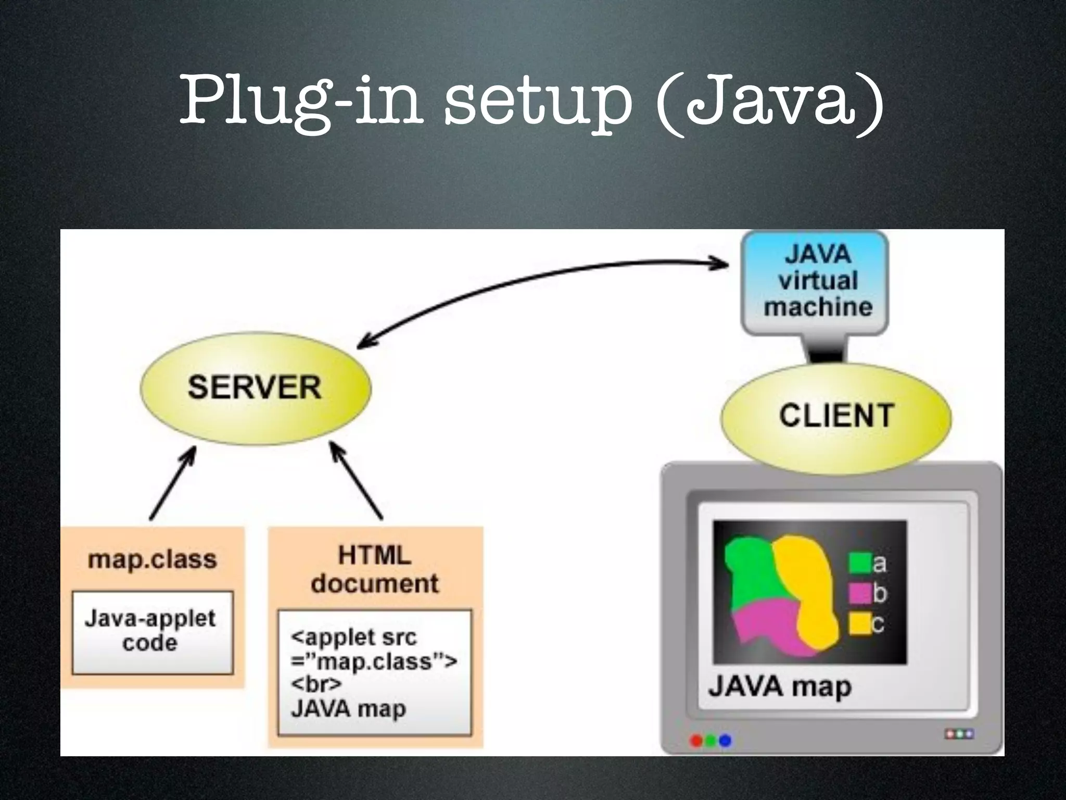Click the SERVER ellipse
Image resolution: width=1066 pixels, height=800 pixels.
[255, 388]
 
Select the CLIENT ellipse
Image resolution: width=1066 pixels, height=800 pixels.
[836, 417]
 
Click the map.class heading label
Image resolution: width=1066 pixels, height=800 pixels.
[152, 559]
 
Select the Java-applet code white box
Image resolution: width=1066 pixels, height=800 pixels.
[152, 631]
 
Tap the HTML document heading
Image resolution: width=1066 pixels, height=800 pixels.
[375, 569]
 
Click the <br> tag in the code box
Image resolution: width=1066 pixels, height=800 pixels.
[316, 684]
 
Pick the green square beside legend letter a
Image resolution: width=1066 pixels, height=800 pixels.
[860, 563]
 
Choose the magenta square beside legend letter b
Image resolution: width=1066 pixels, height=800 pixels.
[860, 593]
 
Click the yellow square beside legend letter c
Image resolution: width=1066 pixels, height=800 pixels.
[860, 623]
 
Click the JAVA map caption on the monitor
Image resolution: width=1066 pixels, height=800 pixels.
[779, 686]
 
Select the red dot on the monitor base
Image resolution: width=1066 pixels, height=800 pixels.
[696, 740]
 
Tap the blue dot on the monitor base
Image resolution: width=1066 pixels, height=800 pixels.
[725, 740]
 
